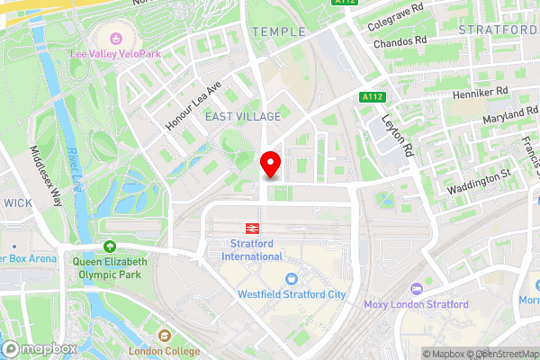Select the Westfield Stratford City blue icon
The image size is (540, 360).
click(291, 279)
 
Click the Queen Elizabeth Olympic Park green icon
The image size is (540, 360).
click(110, 247)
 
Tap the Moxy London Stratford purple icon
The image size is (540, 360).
click(416, 289)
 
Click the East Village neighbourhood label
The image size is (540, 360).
click(242, 117)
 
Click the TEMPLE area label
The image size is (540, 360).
click(278, 31)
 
